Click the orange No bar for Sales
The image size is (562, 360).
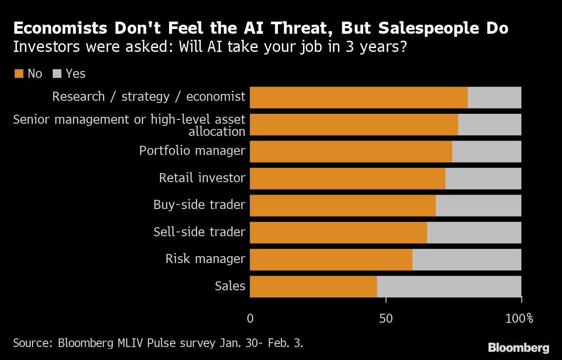tap(313, 286)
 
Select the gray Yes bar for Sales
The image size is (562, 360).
tap(449, 286)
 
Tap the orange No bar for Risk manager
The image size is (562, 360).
tap(331, 260)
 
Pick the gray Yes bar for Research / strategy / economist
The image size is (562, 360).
tap(494, 97)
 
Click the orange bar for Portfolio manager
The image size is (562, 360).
tap(351, 151)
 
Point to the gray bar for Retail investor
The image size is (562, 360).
tap(483, 178)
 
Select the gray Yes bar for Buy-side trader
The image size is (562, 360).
tap(478, 206)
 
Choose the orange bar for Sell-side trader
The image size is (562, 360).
tap(338, 232)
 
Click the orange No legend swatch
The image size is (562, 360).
tap(19, 74)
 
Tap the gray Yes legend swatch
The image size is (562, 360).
tap(57, 74)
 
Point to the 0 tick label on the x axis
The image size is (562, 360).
tap(250, 319)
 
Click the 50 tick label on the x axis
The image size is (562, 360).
tap(386, 319)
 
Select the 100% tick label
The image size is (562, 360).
tap(519, 319)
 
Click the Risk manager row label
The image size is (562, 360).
tap(205, 259)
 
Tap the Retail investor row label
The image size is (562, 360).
tap(202, 178)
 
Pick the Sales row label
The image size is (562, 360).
tap(230, 286)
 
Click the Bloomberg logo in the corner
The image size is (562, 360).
tap(518, 347)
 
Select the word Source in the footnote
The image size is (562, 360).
tap(32, 344)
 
